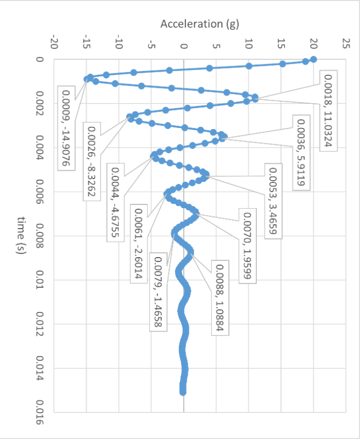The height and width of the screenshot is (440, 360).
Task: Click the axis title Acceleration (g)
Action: point(199,24)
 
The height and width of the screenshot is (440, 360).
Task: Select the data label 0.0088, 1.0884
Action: point(219,298)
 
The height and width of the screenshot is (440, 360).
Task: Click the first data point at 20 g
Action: point(313,59)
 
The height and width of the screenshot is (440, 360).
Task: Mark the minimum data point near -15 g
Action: point(86,79)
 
